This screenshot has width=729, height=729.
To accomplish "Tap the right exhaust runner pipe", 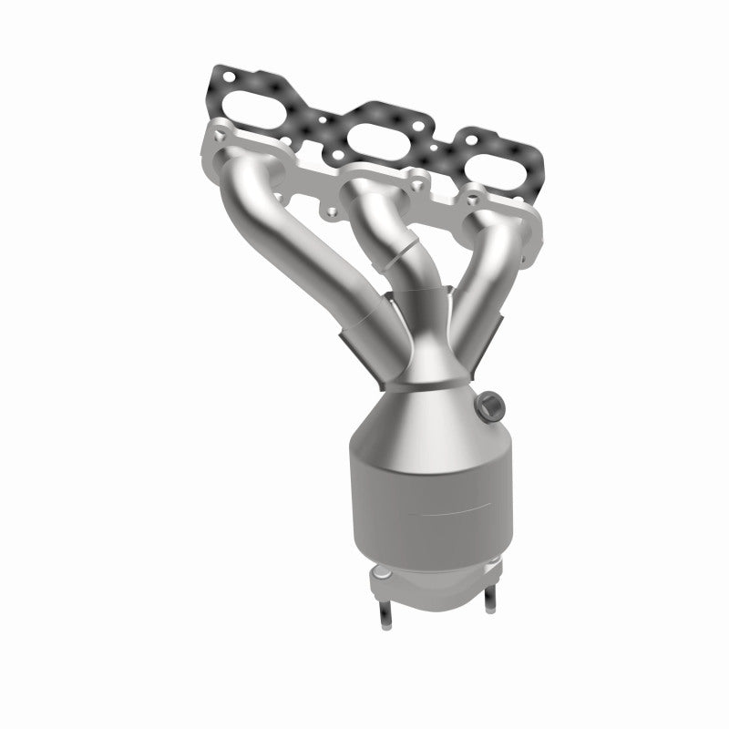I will (488, 264).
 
